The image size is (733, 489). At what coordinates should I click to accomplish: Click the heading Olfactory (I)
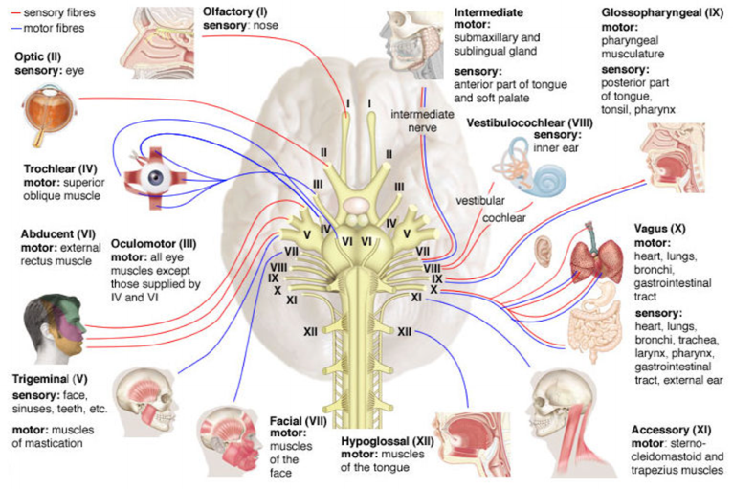click(x=234, y=11)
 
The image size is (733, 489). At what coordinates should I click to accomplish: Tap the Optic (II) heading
click(x=38, y=57)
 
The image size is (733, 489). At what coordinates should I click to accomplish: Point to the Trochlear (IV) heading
click(x=60, y=168)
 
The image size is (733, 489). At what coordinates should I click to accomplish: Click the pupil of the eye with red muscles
click(x=155, y=178)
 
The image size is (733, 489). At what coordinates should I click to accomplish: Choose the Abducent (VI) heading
click(x=58, y=234)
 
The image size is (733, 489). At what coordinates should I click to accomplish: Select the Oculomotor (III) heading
click(x=153, y=244)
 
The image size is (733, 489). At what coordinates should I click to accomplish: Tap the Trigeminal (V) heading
click(x=50, y=380)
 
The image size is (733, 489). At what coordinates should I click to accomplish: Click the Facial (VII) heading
click(x=298, y=421)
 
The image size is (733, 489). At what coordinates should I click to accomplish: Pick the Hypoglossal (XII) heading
click(x=388, y=441)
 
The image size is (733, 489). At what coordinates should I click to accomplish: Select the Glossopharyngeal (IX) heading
click(x=662, y=12)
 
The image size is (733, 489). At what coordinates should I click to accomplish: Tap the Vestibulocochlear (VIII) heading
click(x=529, y=123)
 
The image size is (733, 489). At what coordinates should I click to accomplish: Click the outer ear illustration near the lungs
click(x=544, y=251)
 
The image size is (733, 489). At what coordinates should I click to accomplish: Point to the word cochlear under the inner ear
click(x=504, y=218)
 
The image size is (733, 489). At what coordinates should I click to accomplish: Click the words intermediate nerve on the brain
click(x=422, y=122)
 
